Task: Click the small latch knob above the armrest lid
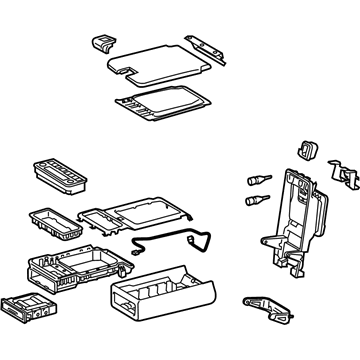click(101, 43)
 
